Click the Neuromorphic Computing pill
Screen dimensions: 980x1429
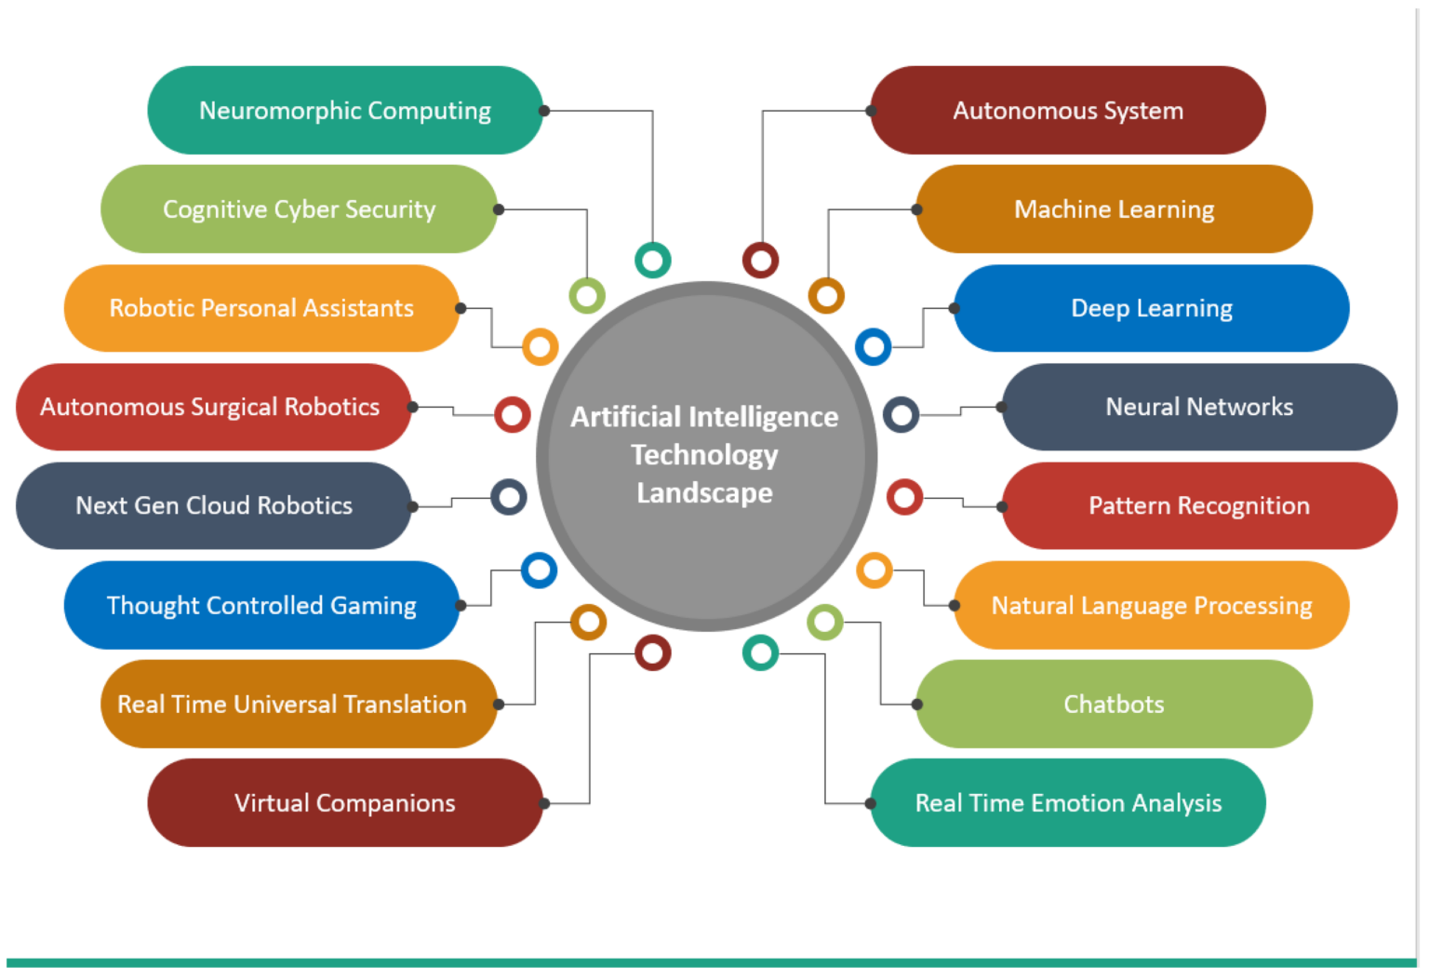pyautogui.click(x=344, y=111)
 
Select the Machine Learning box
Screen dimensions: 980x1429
pyautogui.click(x=1114, y=209)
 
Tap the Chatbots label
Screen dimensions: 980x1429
pyautogui.click(x=1114, y=705)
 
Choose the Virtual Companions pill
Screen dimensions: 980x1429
pyautogui.click(x=344, y=803)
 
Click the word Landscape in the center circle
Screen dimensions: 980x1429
pyautogui.click(x=704, y=493)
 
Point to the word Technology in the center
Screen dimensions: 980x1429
pyautogui.click(x=704, y=455)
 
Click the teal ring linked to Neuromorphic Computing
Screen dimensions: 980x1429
pyautogui.click(x=653, y=261)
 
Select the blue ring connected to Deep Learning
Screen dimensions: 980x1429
pyautogui.click(x=873, y=347)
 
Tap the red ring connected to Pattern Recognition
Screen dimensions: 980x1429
pyautogui.click(x=904, y=497)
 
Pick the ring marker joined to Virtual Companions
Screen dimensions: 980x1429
pyautogui.click(x=653, y=653)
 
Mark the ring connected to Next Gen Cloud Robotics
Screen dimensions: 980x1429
pyautogui.click(x=509, y=497)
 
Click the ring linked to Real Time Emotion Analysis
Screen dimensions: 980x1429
pyautogui.click(x=760, y=653)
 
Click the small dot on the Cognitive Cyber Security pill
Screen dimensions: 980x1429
pyautogui.click(x=499, y=209)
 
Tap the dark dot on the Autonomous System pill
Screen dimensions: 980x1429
pyautogui.click(x=871, y=111)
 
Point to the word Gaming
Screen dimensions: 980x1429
pyautogui.click(x=373, y=606)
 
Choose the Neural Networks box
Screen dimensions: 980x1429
pyautogui.click(x=1199, y=408)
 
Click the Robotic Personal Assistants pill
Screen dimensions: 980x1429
pyautogui.click(x=261, y=308)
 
